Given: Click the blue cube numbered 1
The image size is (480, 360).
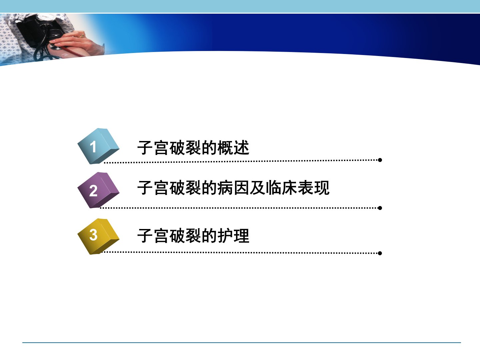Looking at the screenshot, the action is (x=98, y=146).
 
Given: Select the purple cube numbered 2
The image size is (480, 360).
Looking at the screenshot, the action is (x=98, y=190).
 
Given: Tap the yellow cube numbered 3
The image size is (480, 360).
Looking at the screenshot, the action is (x=98, y=236).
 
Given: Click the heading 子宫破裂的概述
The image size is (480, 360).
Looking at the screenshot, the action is (x=193, y=148).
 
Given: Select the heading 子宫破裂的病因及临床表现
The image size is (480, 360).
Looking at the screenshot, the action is (x=233, y=188).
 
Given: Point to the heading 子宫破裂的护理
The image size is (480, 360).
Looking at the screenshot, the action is (x=193, y=236).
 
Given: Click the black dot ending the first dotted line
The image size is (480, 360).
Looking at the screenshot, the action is (x=380, y=160).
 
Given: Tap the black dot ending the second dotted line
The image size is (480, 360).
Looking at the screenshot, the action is (x=380, y=208).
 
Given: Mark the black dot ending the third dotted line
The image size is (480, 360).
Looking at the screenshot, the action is (x=380, y=253).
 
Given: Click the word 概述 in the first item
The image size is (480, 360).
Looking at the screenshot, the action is (x=234, y=148).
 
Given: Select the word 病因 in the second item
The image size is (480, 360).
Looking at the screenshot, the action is (x=233, y=188).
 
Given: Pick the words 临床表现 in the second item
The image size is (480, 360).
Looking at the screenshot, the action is (x=298, y=188).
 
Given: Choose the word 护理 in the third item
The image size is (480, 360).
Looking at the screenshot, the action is (x=234, y=236).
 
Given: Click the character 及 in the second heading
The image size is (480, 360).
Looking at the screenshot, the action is (x=257, y=188).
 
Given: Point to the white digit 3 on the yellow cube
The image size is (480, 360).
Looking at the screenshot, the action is (x=93, y=235).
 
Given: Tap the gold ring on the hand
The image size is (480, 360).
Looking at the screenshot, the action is (x=82, y=36).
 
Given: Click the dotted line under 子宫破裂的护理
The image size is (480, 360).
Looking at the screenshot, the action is (x=241, y=253).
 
